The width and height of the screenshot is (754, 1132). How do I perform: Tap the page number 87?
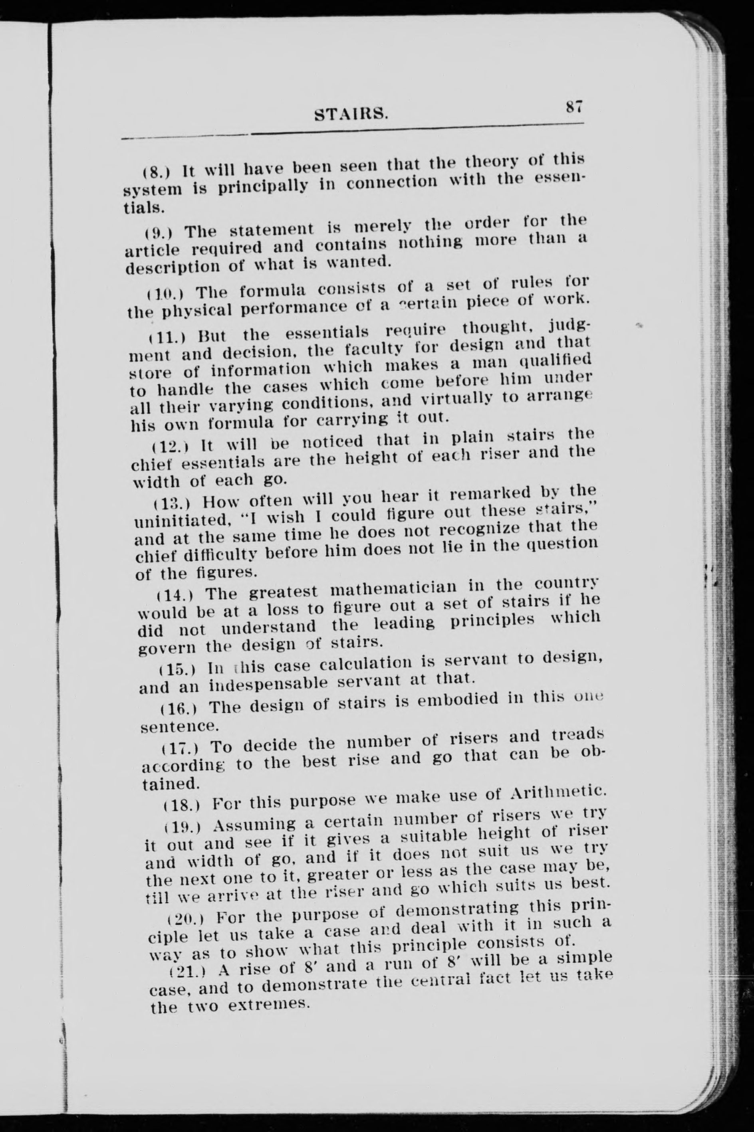pyautogui.click(x=574, y=106)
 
